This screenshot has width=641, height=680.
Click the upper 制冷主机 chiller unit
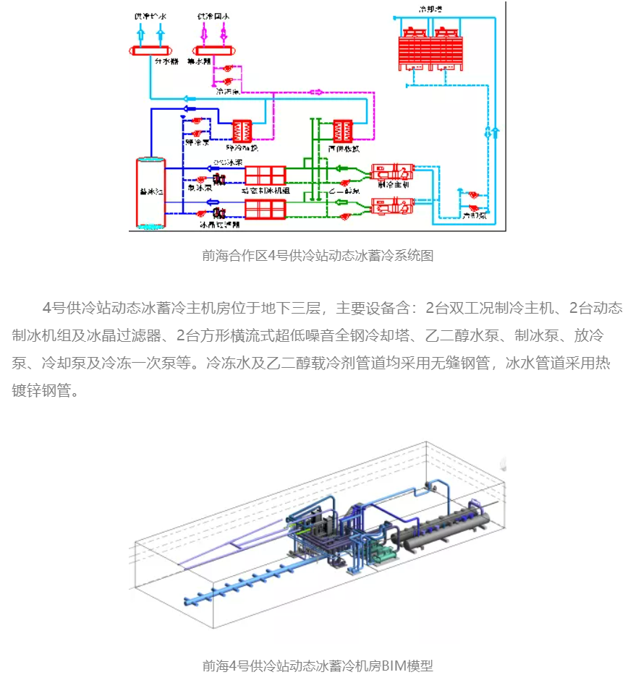click(391, 172)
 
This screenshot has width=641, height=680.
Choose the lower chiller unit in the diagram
click(391, 205)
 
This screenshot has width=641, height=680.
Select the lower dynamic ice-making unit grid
click(266, 210)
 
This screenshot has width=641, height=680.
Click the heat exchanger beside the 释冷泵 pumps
click(241, 130)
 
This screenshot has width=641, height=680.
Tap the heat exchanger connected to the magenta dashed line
click(342, 130)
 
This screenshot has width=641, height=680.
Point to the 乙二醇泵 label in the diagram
click(344, 191)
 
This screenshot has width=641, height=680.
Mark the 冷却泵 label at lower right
click(475, 215)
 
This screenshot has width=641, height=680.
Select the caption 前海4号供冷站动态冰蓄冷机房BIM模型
click(318, 666)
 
